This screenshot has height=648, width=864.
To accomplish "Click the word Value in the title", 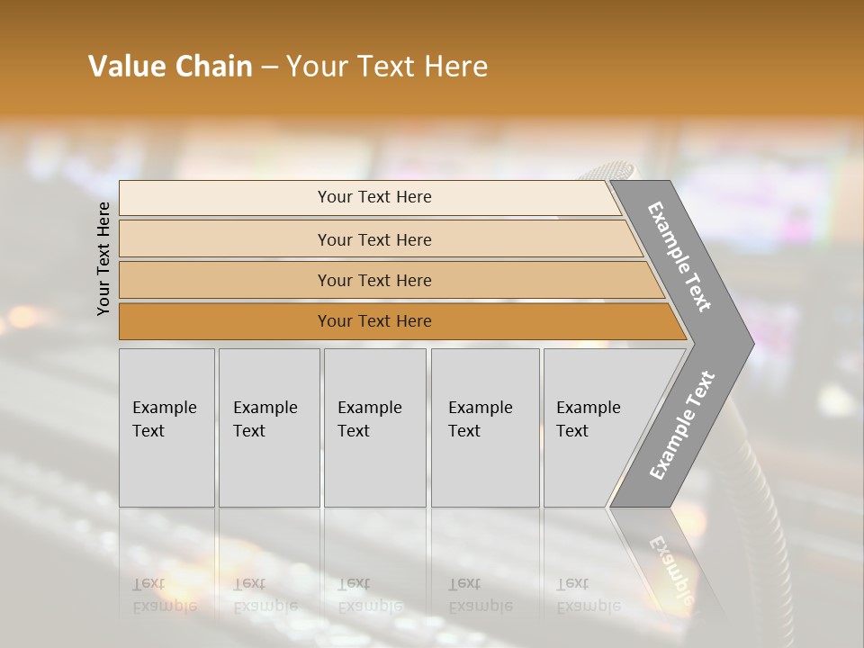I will point(126,67).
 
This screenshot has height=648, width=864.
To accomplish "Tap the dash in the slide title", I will point(269,67).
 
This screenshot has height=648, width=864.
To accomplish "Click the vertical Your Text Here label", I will point(103,259).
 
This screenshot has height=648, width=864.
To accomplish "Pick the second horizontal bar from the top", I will point(373,239).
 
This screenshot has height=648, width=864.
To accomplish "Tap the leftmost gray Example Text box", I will point(166,427).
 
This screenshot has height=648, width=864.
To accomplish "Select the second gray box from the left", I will point(269,427).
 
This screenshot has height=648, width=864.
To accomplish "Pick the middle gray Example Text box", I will point(374,427).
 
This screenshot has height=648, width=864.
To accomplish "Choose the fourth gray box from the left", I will point(485,427).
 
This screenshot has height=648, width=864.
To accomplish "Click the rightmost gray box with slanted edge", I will point(594,427).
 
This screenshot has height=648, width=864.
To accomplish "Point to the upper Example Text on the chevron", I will point(679,256).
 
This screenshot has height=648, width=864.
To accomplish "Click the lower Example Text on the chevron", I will point(681,426).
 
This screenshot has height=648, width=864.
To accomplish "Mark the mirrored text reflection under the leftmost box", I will point(165,595).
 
